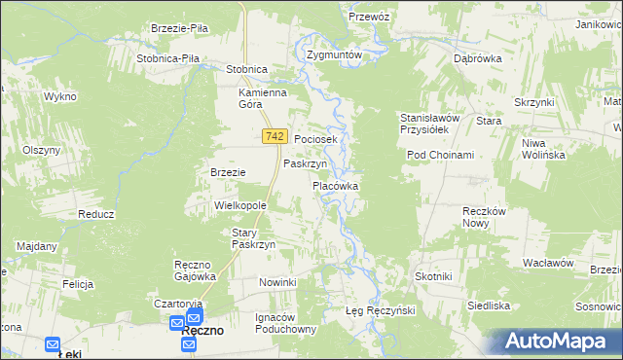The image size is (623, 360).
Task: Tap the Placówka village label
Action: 336,185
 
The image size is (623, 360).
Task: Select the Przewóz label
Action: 369,17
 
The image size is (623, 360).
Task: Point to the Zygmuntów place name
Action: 334,54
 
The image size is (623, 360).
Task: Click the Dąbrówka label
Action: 477,58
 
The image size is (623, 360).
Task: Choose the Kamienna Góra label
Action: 264,99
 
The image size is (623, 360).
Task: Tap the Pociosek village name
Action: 315,140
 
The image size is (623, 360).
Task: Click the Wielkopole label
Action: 240,206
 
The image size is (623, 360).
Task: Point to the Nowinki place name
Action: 277,282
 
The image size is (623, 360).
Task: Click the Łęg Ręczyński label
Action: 381,310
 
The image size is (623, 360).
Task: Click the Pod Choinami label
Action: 440,156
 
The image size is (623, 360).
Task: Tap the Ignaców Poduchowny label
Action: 286,323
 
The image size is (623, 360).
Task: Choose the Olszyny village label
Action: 42,150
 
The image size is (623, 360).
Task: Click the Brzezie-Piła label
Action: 180,29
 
